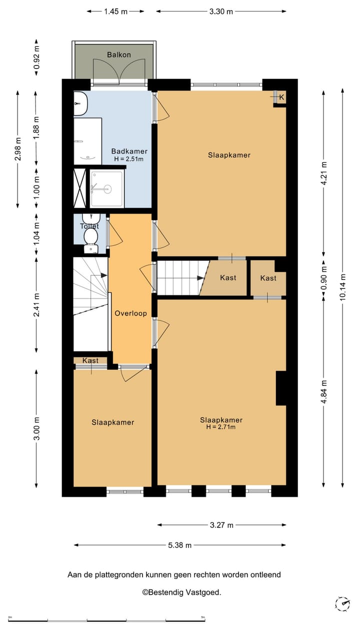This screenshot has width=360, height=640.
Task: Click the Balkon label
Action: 119,54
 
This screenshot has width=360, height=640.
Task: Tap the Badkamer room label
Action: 129,151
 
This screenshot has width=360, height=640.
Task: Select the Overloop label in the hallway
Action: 130,313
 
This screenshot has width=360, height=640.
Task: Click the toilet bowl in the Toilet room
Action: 91,236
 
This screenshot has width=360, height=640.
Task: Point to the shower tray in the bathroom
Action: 107,188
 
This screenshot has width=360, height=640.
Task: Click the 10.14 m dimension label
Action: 342,287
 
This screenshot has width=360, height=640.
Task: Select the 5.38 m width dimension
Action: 179,545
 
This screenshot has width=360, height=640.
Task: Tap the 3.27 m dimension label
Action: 221,525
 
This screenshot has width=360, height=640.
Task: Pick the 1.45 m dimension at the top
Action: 115,11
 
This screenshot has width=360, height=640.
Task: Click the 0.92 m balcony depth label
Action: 36,57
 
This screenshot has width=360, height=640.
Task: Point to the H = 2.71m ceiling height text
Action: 221,427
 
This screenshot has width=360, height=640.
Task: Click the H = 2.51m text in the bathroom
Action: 129,159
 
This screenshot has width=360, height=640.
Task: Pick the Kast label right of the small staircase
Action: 228,277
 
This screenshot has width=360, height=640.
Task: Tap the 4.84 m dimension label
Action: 323,391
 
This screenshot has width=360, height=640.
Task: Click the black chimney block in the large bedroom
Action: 281,388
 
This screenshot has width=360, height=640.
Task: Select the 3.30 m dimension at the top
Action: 221,11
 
